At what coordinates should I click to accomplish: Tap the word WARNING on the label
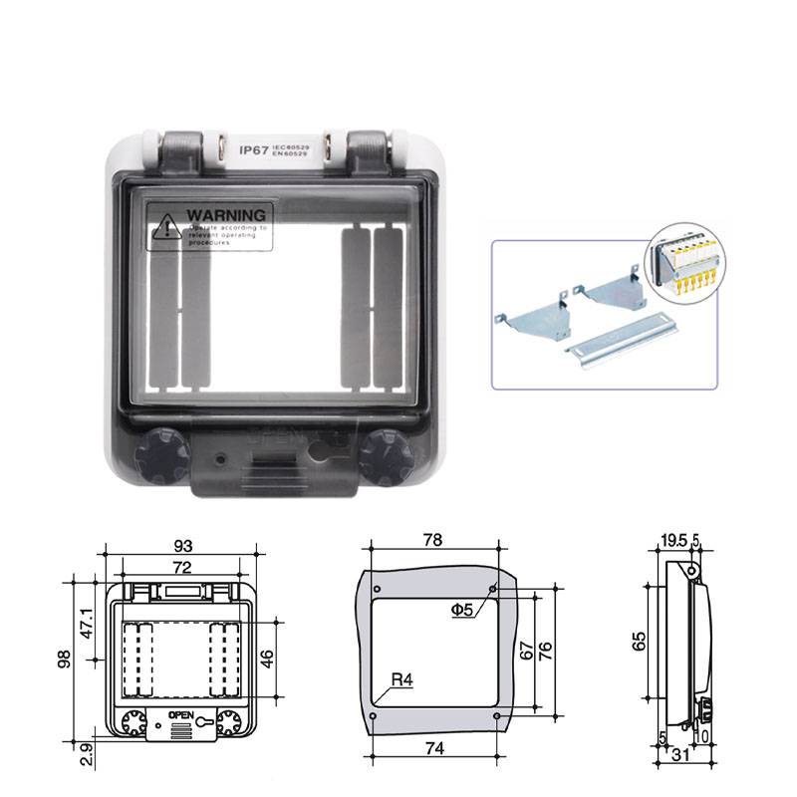click(x=226, y=214)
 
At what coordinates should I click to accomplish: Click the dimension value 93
click(x=182, y=545)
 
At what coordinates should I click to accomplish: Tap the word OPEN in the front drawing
click(x=180, y=714)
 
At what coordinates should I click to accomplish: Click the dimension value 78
click(x=432, y=539)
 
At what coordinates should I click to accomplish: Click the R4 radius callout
click(x=401, y=680)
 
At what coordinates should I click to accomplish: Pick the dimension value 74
click(x=432, y=747)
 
